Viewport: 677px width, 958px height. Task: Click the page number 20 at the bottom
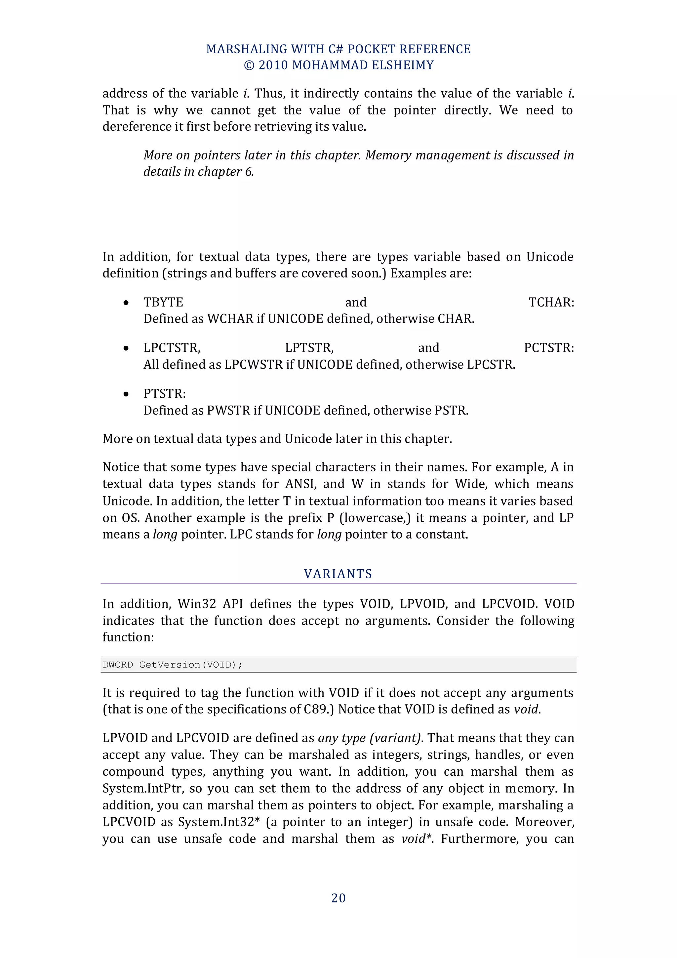tap(338, 898)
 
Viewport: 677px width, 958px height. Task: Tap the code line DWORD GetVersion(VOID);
tap(173, 665)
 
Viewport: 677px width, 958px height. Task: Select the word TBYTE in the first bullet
tap(163, 302)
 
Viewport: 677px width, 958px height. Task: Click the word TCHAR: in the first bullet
tap(551, 302)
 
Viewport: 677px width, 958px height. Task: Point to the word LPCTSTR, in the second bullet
tap(172, 348)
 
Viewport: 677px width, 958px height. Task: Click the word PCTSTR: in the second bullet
tap(549, 348)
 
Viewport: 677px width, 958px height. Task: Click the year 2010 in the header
tap(273, 65)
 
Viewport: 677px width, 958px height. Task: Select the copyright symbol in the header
tap(249, 65)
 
